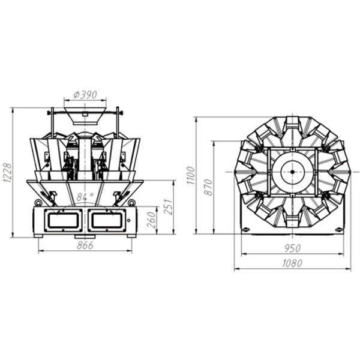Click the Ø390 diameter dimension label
click(85, 95)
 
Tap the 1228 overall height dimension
click(7, 173)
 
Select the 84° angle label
click(85, 197)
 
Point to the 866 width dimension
click(85, 245)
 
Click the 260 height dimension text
click(152, 220)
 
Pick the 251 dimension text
click(168, 207)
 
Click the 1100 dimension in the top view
click(191, 175)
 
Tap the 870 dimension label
click(208, 187)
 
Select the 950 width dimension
click(292, 248)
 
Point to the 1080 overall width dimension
click(292, 263)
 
